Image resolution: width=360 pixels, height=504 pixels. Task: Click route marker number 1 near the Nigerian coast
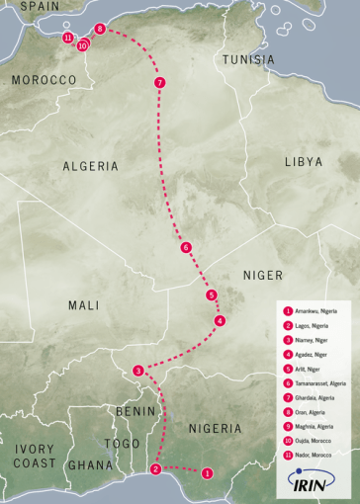pyautogui.click(x=207, y=473)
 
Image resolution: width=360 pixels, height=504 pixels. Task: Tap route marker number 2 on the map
pyautogui.click(x=155, y=469)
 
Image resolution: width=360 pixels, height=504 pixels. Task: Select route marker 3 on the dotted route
pyautogui.click(x=138, y=371)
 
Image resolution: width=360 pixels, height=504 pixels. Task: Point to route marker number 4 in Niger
pyautogui.click(x=220, y=320)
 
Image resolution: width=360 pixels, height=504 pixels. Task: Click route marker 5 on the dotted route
pyautogui.click(x=211, y=295)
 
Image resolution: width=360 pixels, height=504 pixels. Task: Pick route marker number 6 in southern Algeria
pyautogui.click(x=185, y=248)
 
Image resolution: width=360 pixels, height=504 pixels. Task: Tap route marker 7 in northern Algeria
pyautogui.click(x=159, y=82)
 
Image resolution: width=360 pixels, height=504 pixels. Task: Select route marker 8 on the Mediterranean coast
pyautogui.click(x=100, y=30)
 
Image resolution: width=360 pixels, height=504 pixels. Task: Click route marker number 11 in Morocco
pyautogui.click(x=67, y=38)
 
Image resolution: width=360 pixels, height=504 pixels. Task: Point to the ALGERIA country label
pyautogui.click(x=91, y=166)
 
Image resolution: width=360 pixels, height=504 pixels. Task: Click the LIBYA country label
pyautogui.click(x=304, y=161)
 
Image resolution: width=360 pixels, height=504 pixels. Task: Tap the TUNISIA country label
pyautogui.click(x=248, y=60)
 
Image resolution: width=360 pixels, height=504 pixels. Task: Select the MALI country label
pyautogui.click(x=84, y=305)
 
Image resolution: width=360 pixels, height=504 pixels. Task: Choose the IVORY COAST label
pyautogui.click(x=35, y=456)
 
